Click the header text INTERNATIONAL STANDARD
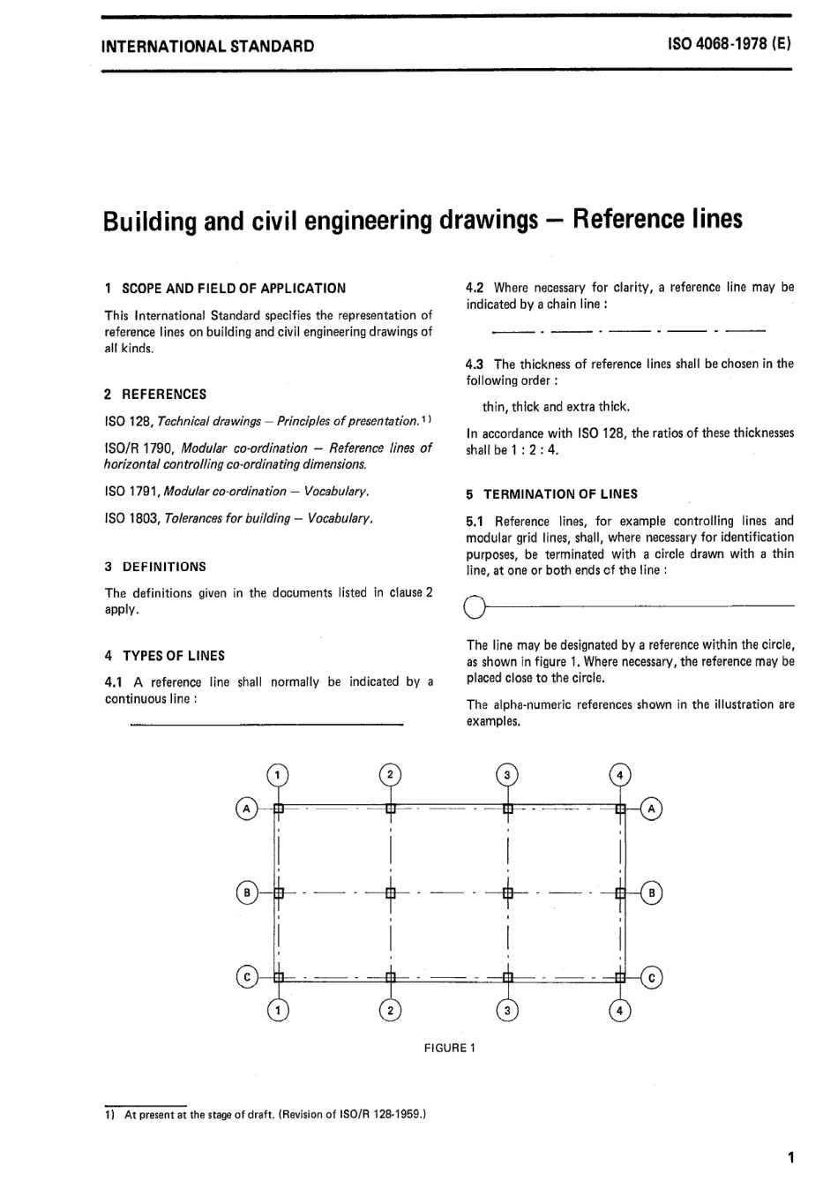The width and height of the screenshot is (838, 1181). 207,46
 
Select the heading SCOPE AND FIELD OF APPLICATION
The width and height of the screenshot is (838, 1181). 234,288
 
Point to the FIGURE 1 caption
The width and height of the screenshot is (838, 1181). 450,1048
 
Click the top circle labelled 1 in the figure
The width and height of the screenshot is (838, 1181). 278,775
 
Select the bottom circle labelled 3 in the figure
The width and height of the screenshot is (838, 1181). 507,1011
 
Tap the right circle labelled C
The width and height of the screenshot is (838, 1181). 652,977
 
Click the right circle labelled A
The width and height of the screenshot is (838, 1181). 652,808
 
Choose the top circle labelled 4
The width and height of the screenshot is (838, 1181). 621,775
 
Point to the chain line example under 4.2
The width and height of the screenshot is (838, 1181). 628,331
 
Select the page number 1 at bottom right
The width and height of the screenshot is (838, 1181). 790,1157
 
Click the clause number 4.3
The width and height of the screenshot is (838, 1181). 476,364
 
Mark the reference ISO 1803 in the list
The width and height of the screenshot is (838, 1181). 127,518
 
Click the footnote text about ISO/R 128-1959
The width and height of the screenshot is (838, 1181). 275,1115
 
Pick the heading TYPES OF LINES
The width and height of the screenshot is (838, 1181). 174,656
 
